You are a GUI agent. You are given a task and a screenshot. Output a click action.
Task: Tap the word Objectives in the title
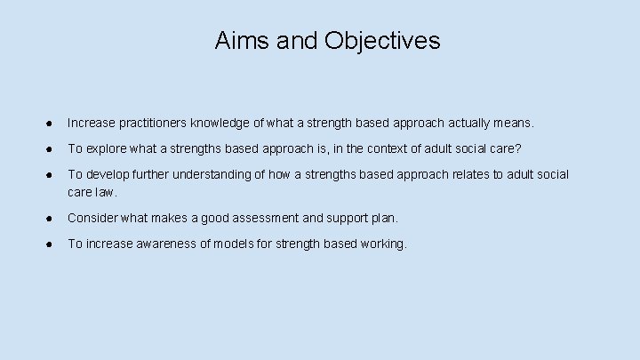click(382, 41)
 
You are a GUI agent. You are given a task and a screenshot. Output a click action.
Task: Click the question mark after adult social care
click(517, 148)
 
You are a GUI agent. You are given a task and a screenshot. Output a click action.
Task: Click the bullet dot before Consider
click(52, 217)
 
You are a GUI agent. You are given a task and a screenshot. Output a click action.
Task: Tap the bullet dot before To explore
click(52, 148)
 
